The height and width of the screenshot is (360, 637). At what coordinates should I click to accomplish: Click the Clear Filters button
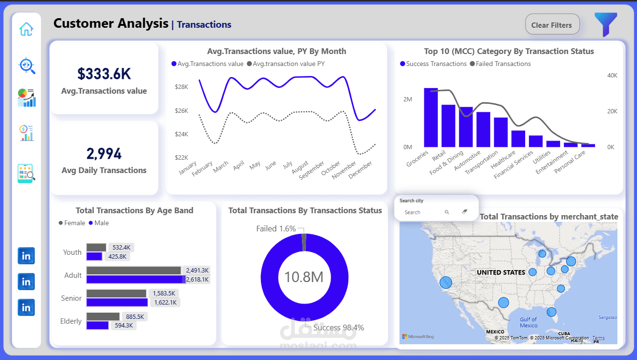tap(552, 25)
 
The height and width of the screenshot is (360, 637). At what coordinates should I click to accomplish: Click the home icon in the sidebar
tap(26, 29)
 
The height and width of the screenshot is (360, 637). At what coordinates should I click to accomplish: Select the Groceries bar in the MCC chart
tap(431, 117)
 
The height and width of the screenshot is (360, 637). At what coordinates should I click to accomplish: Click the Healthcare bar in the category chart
tap(518, 139)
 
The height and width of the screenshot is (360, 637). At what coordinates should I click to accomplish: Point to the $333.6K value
tap(104, 74)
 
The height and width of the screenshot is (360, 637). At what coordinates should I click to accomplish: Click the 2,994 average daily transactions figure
tap(104, 153)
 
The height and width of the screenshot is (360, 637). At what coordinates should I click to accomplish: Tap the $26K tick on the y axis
tap(182, 111)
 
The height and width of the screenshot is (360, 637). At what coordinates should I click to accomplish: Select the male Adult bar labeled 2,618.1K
tap(135, 279)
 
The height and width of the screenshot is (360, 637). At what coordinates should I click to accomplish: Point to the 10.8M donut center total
tap(304, 277)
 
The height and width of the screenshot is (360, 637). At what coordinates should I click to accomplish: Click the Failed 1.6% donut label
tap(276, 229)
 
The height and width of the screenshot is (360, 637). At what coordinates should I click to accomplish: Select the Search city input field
tap(421, 212)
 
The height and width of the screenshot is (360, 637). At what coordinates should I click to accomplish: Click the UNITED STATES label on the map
tap(501, 273)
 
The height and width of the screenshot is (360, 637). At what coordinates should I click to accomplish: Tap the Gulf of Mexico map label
tap(529, 322)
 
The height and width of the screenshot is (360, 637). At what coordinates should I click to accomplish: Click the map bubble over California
tap(445, 283)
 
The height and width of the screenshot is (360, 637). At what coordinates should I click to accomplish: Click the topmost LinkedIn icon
tap(26, 256)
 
